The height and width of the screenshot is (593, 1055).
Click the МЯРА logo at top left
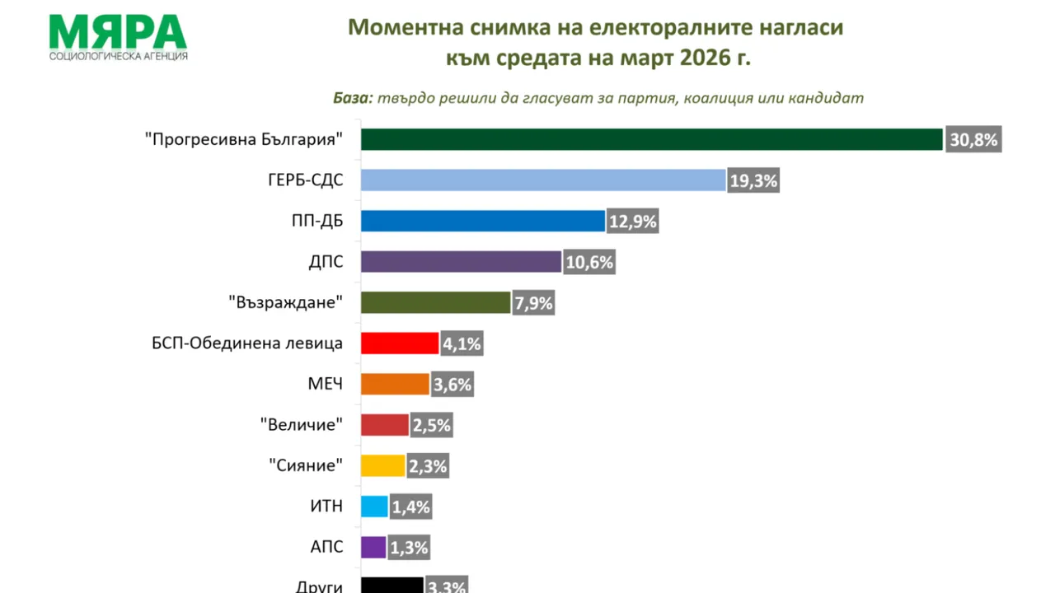[118, 37]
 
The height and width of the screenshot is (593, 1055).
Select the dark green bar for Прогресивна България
[651, 140]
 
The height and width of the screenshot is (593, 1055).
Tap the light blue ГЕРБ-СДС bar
[543, 180]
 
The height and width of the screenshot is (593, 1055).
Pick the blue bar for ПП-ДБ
[483, 221]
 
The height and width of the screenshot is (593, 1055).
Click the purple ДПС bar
[461, 262]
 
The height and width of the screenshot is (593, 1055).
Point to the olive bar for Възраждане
[435, 302]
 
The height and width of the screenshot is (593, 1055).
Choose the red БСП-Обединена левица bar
[400, 343]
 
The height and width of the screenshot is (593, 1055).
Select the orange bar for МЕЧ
[395, 384]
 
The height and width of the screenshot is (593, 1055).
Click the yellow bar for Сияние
[383, 465]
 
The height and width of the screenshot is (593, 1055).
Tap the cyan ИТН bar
[374, 506]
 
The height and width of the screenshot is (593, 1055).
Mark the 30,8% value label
[973, 140]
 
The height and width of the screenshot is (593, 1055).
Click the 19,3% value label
[753, 181]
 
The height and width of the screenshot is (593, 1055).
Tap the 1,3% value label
[410, 547]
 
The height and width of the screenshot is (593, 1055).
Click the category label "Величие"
[301, 425]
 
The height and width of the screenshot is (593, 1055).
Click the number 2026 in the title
[710, 59]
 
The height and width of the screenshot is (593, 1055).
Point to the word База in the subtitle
[353, 98]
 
